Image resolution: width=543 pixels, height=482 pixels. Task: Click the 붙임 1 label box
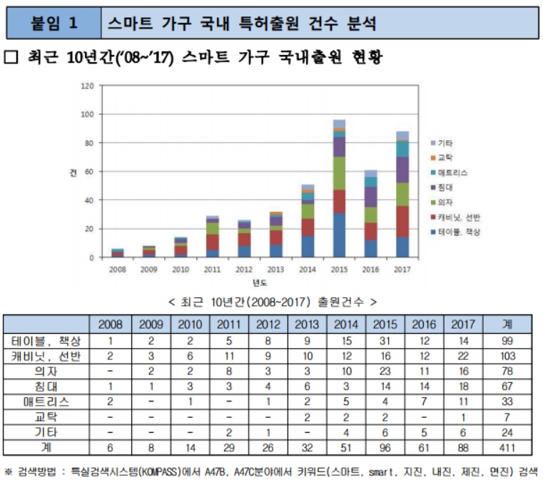point(54,24)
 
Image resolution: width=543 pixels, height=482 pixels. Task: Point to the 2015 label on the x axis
point(339,270)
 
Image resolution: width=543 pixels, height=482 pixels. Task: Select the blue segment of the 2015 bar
point(339,235)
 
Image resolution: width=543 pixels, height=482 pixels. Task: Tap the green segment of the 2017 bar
point(402,194)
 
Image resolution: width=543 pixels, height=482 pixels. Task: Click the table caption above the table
point(272,302)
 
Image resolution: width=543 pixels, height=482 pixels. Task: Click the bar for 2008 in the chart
point(118,252)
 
